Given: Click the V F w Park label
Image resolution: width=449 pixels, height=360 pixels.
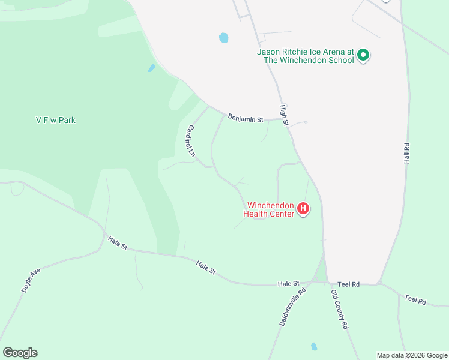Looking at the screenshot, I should point(55,120).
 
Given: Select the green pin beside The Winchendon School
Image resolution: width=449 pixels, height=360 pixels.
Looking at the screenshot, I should point(363,56).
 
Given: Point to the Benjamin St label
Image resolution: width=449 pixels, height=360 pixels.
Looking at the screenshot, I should point(245,119).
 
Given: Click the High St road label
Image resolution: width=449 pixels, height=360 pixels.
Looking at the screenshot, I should point(284,115).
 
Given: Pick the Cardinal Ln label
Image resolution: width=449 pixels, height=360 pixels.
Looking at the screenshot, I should point(191,140).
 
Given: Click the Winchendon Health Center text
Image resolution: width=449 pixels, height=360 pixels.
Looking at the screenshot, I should point(268,209).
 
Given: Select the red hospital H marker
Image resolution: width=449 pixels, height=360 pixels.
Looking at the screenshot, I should point(303,209).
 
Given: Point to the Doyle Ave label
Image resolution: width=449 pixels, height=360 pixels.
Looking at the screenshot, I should point(31,280).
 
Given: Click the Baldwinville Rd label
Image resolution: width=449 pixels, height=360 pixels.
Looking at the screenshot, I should point(292,307).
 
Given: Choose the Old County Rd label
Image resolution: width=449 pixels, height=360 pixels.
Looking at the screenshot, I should point(340,310).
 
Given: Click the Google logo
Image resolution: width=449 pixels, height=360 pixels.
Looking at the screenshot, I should point(20,353).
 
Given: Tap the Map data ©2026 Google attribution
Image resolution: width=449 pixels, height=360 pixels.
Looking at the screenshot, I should point(412,355).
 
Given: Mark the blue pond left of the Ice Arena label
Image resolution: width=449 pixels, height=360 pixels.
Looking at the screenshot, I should point(224,38).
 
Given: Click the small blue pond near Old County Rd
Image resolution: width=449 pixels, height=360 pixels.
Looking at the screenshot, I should point(313,346).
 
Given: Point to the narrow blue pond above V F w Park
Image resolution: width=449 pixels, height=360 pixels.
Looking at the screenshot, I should point(152,68).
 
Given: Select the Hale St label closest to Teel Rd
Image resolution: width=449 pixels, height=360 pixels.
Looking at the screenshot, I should point(288,283).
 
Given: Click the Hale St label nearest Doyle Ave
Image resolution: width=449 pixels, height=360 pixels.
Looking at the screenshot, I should point(118,242).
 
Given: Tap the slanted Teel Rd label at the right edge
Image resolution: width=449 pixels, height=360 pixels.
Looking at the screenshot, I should point(415,299).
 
